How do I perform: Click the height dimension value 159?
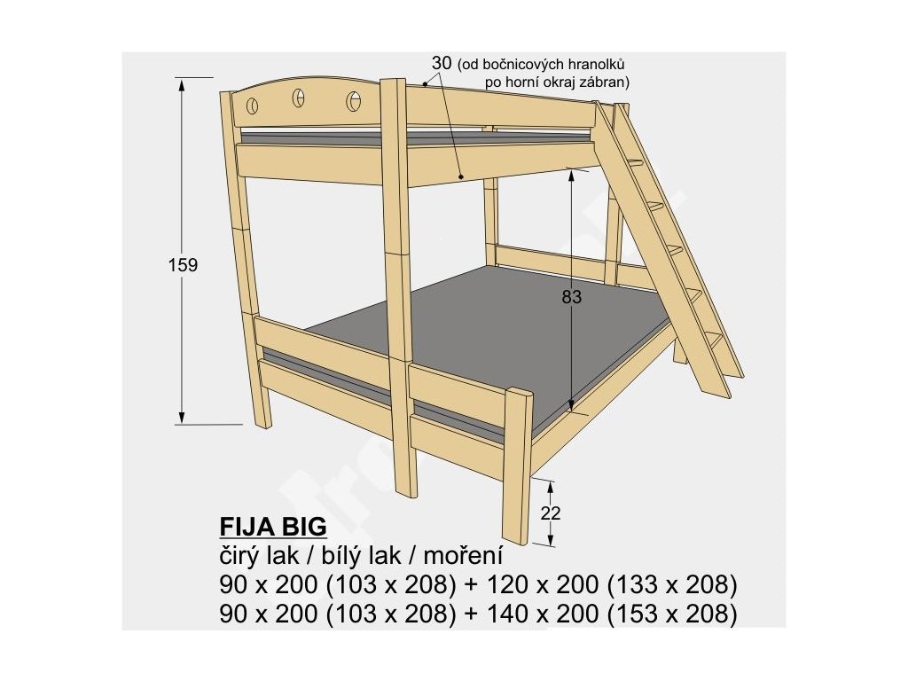[182, 264]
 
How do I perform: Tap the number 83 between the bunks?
[572, 298]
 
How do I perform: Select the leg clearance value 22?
[550, 513]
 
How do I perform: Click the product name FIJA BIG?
[273, 528]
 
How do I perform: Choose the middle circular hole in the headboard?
[299, 98]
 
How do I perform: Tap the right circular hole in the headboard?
[354, 102]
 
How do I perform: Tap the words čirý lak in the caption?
[252, 556]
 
